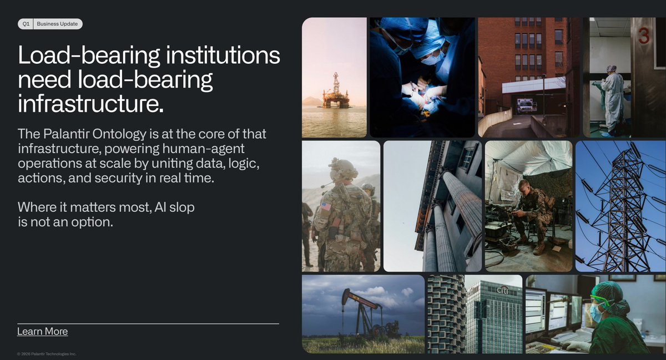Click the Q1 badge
pyautogui.click(x=26, y=24)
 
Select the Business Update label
pyautogui.click(x=57, y=24)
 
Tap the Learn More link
pyautogui.click(x=43, y=331)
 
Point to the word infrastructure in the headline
pyautogui.click(x=90, y=104)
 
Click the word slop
pyautogui.click(x=182, y=207)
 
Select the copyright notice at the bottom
pyautogui.click(x=47, y=354)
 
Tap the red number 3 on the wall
pyautogui.click(x=644, y=36)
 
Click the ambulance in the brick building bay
pyautogui.click(x=526, y=105)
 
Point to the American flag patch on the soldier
pyautogui.click(x=326, y=206)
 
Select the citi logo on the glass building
pyautogui.click(x=503, y=290)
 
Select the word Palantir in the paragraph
pyautogui.click(x=66, y=134)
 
